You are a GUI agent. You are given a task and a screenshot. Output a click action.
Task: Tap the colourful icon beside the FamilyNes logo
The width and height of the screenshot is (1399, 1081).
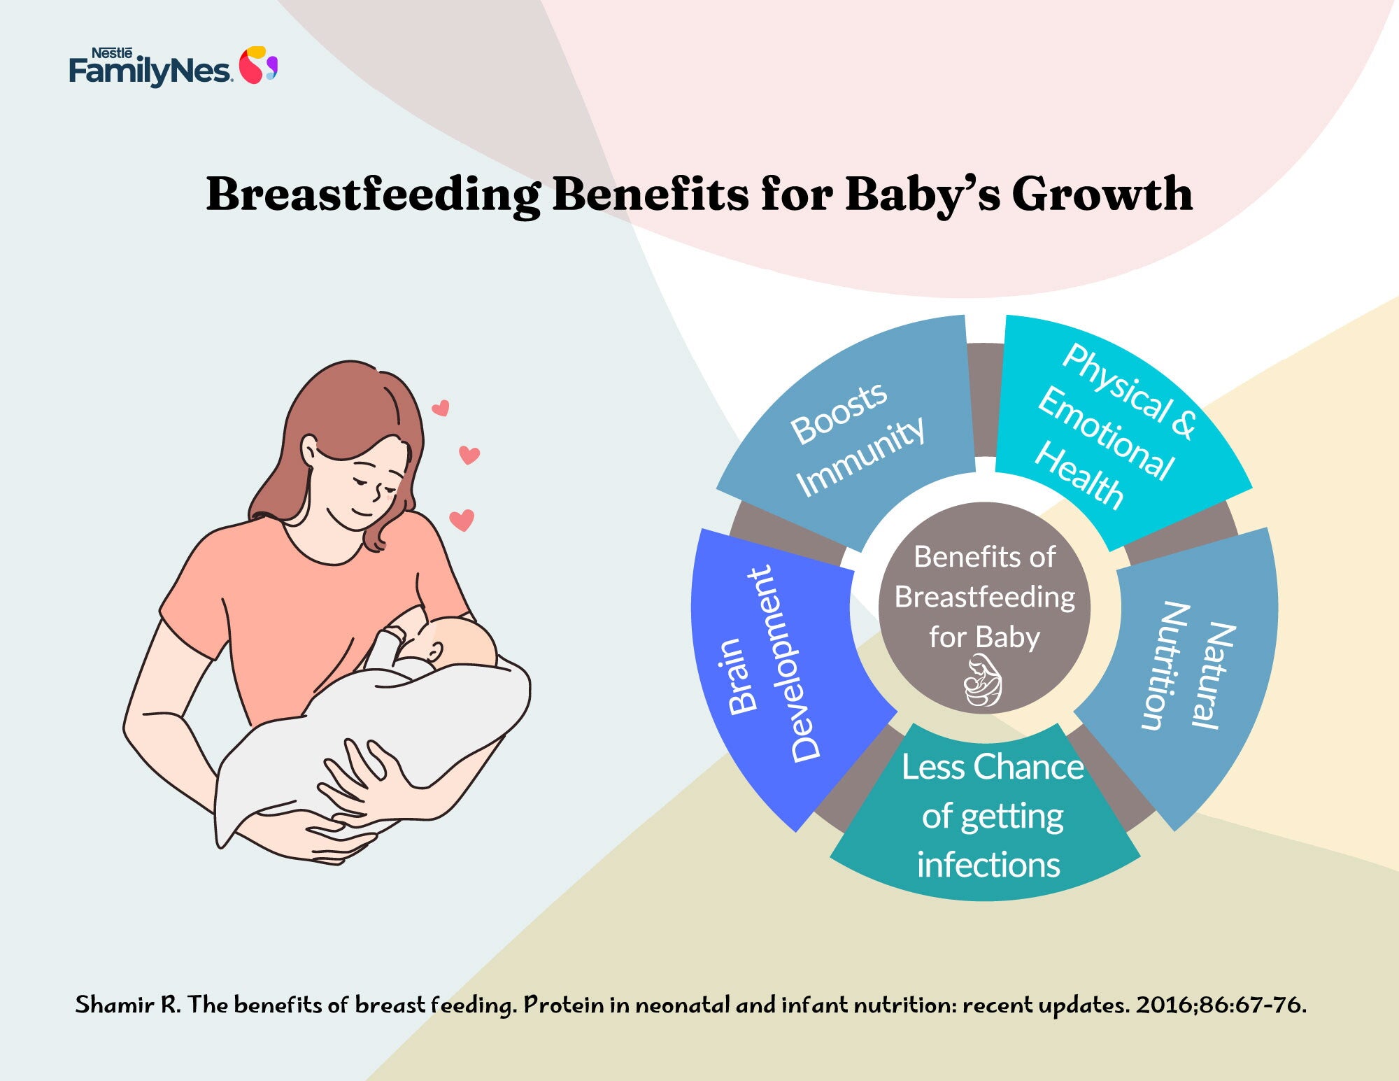tap(258, 66)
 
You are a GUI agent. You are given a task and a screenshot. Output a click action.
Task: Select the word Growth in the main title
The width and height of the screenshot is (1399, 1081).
tap(1102, 194)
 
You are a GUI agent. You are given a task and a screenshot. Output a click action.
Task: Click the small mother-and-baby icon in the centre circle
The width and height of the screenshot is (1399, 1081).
tap(983, 681)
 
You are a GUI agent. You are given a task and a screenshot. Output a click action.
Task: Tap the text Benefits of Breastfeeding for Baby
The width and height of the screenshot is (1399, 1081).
tap(985, 597)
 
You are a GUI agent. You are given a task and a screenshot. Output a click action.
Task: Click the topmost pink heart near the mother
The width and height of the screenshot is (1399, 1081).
tap(440, 408)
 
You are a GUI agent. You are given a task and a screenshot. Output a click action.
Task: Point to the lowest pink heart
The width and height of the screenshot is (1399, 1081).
tap(462, 520)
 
